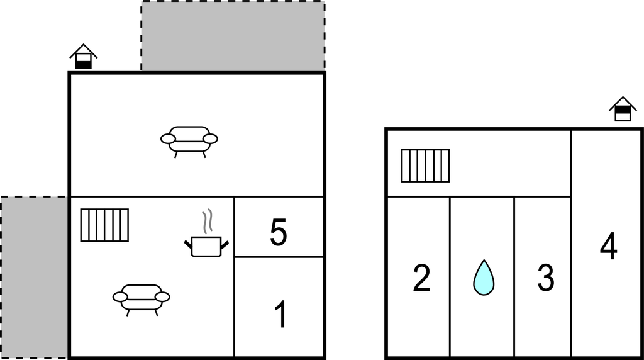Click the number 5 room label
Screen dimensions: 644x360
point(278,232)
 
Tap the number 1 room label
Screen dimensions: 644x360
point(281,315)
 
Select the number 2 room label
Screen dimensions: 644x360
point(421,278)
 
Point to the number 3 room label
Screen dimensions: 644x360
point(546,278)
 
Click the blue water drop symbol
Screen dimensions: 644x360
point(484,278)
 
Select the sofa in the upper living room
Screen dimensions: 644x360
point(189,142)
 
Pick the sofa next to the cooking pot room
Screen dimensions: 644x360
point(142,300)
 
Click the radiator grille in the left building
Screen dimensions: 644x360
point(104,225)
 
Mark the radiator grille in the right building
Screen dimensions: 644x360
point(426,166)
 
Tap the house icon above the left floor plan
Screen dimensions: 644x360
point(84,56)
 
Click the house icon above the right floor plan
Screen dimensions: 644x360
point(623,109)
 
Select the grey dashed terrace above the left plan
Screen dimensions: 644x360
point(233,36)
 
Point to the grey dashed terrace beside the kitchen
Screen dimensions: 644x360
point(34,278)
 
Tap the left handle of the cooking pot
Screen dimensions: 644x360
point(189,245)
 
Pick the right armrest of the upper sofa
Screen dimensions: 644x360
point(210,139)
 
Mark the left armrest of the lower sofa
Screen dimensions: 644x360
point(120,296)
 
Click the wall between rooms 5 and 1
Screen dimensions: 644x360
point(279,257)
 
